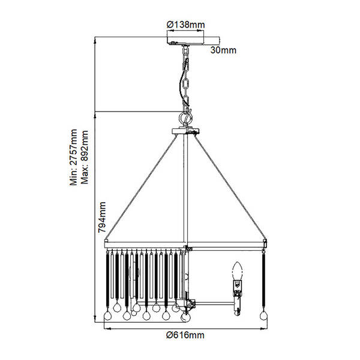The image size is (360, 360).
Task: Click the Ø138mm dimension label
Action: [x=185, y=25]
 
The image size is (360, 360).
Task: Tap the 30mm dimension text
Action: [x=223, y=50]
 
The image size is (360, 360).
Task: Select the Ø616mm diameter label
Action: [x=185, y=335]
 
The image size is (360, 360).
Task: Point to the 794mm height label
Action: [x=102, y=217]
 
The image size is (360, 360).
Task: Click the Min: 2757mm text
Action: [x=74, y=157]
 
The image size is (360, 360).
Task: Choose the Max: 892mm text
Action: [x=85, y=157]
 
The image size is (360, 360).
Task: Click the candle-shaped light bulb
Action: [x=238, y=271]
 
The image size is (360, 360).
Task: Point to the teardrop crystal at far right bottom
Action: [x=263, y=315]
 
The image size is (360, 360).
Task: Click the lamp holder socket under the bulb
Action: [x=238, y=289]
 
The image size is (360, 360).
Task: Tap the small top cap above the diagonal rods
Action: [x=185, y=131]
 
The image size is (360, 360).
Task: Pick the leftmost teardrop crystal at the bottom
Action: [x=107, y=315]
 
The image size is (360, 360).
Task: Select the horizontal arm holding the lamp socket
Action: [x=215, y=304]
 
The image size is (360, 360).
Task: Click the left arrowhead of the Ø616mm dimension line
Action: [x=107, y=329]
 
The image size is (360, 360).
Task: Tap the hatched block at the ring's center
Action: [x=188, y=248]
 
